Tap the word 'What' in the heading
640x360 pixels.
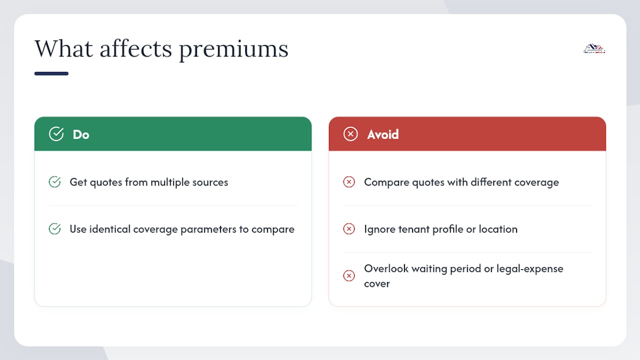64,48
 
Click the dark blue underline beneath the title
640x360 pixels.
51,73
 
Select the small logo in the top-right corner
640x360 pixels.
594,48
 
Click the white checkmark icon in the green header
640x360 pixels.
56,133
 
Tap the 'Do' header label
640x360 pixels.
81,134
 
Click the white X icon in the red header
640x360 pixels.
350,133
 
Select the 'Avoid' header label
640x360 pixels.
383,134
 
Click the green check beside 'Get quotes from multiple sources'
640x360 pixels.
54,181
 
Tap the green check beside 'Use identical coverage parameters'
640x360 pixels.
54,228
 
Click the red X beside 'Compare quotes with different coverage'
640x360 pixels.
349,181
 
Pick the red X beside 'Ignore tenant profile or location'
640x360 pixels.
349,228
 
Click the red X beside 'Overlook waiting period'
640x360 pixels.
349,275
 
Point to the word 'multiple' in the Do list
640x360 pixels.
170,182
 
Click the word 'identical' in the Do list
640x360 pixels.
110,229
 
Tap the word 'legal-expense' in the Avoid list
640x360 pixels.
530,269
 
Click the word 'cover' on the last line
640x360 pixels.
377,284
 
